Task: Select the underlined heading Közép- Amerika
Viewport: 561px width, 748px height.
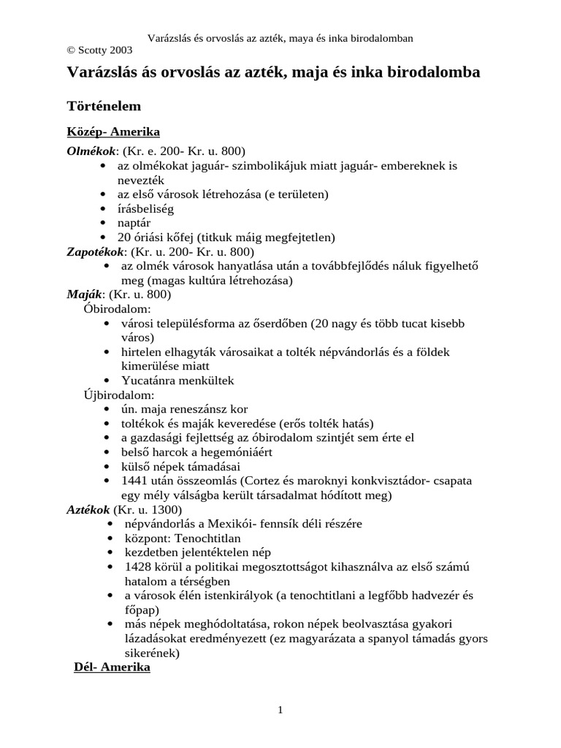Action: pyautogui.click(x=113, y=132)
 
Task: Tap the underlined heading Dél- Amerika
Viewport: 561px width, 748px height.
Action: pyautogui.click(x=112, y=668)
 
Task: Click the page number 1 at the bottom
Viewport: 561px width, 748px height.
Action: pyautogui.click(x=280, y=710)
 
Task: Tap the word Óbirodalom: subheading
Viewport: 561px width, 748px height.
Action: pyautogui.click(x=118, y=308)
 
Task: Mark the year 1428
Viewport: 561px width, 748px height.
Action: pyautogui.click(x=139, y=567)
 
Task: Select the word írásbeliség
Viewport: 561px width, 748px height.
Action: pyautogui.click(x=145, y=209)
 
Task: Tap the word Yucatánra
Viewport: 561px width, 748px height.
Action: pyautogui.click(x=150, y=381)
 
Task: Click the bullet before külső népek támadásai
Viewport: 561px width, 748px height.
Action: pyautogui.click(x=108, y=467)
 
